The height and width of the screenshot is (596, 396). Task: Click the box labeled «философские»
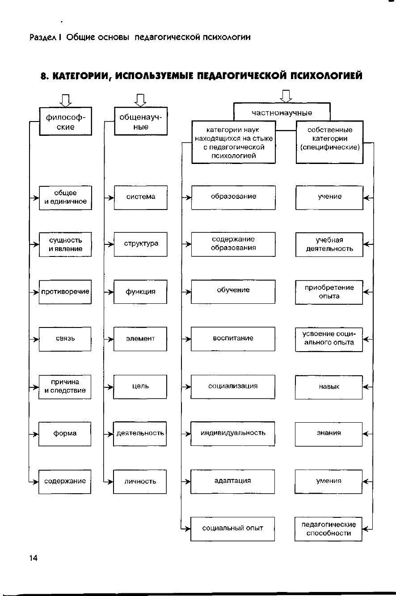pyautogui.click(x=66, y=122)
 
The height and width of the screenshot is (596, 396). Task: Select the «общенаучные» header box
pyautogui.click(x=141, y=122)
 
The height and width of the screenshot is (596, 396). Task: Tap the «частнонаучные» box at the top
pyautogui.click(x=282, y=112)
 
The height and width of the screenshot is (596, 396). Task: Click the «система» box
pyautogui.click(x=141, y=197)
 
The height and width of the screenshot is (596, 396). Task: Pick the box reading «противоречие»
pyautogui.click(x=65, y=292)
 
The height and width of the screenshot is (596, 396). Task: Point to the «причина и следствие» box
pyautogui.click(x=65, y=387)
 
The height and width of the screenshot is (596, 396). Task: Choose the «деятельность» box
pyautogui.click(x=140, y=433)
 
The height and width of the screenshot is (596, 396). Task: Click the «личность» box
pyautogui.click(x=140, y=481)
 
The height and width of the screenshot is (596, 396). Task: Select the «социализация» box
pyautogui.click(x=233, y=386)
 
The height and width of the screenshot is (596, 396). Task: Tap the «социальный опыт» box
pyautogui.click(x=232, y=529)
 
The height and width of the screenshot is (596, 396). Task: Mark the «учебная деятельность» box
pyautogui.click(x=329, y=244)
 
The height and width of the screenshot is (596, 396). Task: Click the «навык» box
pyautogui.click(x=329, y=387)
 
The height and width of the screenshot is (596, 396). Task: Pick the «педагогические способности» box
pyautogui.click(x=329, y=529)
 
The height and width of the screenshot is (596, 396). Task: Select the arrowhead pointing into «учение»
pyautogui.click(x=366, y=197)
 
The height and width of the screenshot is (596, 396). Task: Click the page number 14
pyautogui.click(x=34, y=558)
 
